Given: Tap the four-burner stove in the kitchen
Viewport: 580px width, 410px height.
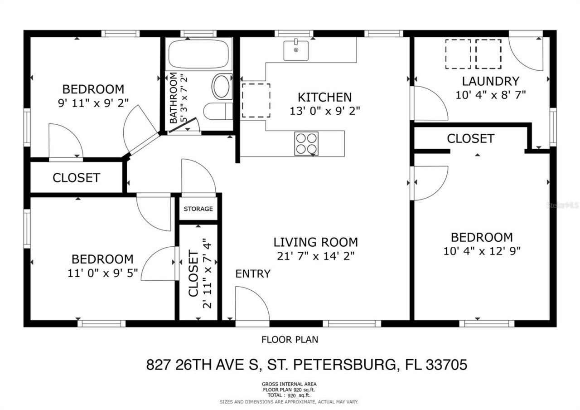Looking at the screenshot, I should click(x=306, y=143).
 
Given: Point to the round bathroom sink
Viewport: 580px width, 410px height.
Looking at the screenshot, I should click(x=222, y=87).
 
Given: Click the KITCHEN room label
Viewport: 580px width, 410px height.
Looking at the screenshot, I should click(x=324, y=97).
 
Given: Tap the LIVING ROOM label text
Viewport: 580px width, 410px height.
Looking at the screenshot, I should click(x=315, y=242).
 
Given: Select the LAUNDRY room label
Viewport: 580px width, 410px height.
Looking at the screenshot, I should click(x=490, y=82).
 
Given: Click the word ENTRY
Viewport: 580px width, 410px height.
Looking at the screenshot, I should click(x=253, y=274).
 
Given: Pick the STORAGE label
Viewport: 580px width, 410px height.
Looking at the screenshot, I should click(x=198, y=209).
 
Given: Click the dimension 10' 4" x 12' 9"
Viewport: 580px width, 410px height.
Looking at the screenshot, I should click(x=482, y=251).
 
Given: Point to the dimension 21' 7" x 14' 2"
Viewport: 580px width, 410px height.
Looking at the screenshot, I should click(x=315, y=256).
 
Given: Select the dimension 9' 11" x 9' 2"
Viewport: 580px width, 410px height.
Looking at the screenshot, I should click(x=93, y=103).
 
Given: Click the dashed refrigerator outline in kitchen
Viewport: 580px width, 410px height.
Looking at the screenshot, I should click(x=255, y=100).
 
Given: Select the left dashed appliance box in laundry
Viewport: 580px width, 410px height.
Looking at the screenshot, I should click(x=458, y=54).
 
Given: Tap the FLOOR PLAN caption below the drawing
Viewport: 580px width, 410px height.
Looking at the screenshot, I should click(x=290, y=339).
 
